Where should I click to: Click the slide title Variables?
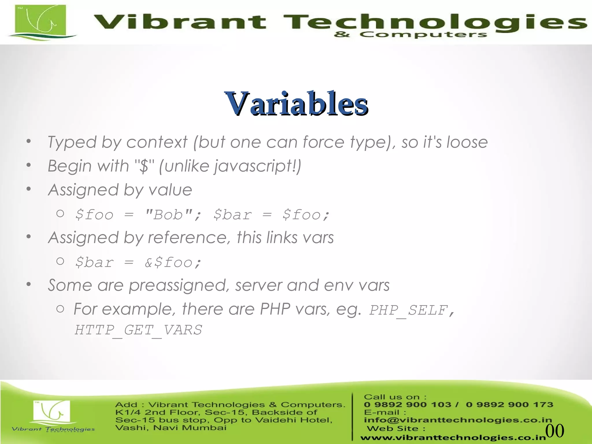296,103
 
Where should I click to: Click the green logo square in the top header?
41,21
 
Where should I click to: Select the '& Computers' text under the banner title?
410,35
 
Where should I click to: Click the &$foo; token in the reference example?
173,262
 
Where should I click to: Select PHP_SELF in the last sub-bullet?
408,310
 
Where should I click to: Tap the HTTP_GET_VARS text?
138,330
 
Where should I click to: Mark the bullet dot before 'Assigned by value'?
28,189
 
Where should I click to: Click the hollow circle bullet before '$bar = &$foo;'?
60,261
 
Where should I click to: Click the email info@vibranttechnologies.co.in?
458,420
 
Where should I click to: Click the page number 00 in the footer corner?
554,431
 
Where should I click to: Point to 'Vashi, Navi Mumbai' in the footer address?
171,428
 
